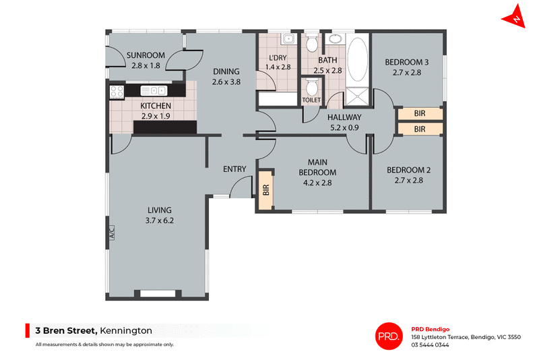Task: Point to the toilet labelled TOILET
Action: (311, 88)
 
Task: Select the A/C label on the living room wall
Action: (112, 233)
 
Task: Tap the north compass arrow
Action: (517, 18)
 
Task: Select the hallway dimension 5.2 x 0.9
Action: (345, 127)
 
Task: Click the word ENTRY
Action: (234, 169)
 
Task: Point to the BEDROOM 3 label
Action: (407, 63)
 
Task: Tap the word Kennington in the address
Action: (126, 330)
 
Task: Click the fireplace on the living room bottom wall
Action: (158, 293)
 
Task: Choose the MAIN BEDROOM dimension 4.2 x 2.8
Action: (317, 182)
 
